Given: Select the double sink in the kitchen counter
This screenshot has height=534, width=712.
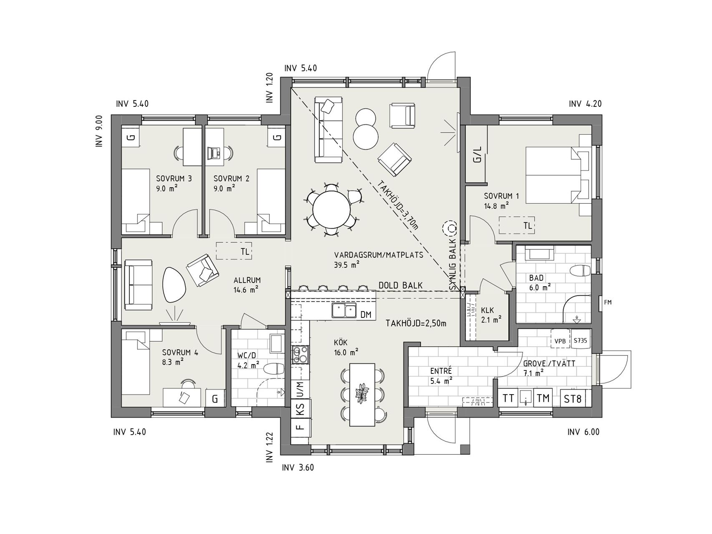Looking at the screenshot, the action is (344, 311).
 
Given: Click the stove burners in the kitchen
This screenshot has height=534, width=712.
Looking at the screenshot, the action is (300, 355).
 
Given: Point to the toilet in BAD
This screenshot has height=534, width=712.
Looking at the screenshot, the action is (581, 271).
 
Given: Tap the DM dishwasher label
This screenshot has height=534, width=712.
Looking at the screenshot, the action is (366, 315).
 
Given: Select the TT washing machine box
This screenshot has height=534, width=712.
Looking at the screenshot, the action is (508, 398).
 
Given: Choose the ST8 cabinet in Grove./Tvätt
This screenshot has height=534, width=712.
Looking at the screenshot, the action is (573, 398).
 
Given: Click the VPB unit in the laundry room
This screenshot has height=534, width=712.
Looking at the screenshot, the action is (560, 340).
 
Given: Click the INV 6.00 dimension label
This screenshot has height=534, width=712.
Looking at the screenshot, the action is (583, 432).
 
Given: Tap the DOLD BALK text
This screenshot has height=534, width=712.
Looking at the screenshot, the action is (400, 286).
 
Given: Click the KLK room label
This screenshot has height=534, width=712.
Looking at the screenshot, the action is (487, 311).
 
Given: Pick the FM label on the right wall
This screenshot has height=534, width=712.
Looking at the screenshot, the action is (608, 302).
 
